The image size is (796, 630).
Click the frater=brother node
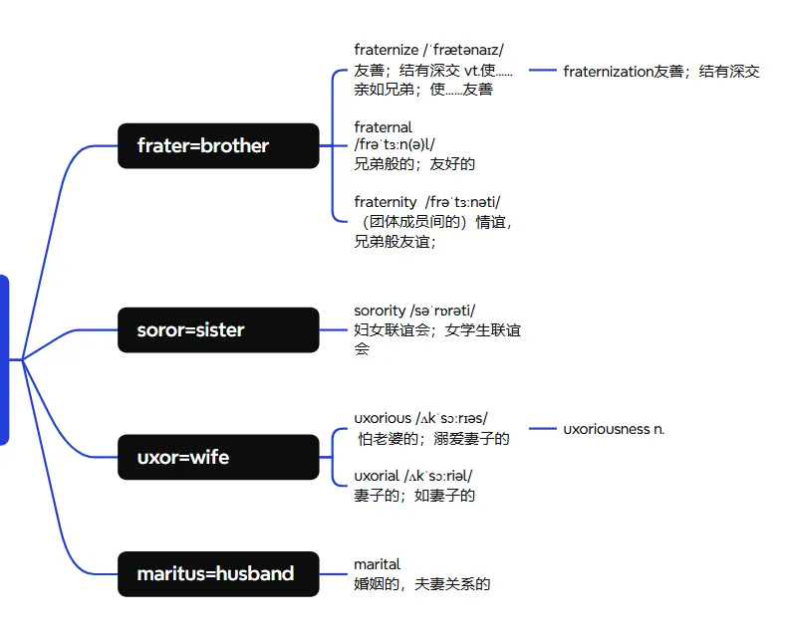pos(218,146)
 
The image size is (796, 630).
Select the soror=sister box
pos(218,329)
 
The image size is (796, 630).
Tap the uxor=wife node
pos(218,458)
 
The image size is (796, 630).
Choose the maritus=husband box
pos(218,574)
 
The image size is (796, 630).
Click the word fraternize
pos(386,50)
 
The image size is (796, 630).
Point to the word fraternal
pos(383,127)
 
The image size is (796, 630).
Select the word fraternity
pos(386,202)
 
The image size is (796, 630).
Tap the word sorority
pos(380,312)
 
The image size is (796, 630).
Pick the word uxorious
pos(382,418)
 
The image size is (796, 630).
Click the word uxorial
pos(377,476)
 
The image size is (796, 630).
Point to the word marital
pos(377,564)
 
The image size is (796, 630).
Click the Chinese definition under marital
pos(422,584)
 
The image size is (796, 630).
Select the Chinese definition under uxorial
pos(414,496)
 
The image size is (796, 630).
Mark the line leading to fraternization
pos(542,71)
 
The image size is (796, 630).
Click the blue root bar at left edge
pos(4,359)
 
